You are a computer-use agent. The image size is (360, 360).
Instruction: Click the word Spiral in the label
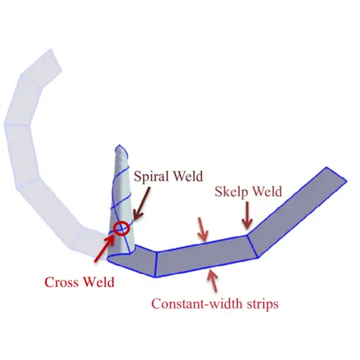coord(151,177)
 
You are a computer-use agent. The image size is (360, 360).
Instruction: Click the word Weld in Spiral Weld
coord(188,176)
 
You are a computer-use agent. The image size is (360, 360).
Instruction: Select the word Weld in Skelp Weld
coord(268,191)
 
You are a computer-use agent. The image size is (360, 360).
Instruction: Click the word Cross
coord(62,282)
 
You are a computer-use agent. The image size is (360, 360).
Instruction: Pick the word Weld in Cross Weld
coord(99,282)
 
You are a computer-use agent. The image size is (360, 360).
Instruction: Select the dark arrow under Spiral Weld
coord(142,204)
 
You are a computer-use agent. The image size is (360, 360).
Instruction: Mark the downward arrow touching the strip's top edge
coord(202,229)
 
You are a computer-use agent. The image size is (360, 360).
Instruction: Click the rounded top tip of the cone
coord(120,146)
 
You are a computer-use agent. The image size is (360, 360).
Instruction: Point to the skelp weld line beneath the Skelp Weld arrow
coord(252,246)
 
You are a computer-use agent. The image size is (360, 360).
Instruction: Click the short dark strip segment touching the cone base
coord(137,259)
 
